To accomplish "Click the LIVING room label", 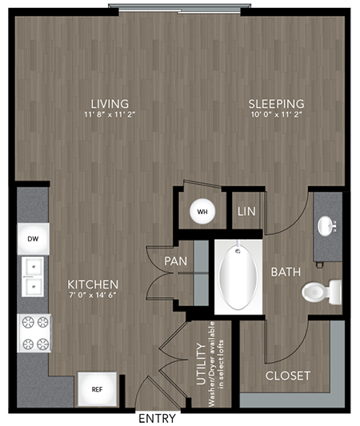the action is coord(110,104).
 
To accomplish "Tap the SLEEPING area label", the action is coord(276,104).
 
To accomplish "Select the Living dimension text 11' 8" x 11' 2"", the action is coord(110,114).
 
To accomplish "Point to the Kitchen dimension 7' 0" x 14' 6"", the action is coord(93,295).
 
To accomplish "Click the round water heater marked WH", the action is coord(202,212).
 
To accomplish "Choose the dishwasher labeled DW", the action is coord(33,239).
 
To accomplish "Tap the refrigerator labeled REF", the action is coord(97,389).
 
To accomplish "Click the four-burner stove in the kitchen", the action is coord(34,333).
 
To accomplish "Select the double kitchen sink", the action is coord(33,277).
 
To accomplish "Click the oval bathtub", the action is coord(238,277).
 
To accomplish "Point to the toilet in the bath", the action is coord(322,292).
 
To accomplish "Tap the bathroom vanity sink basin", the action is coord(325,226).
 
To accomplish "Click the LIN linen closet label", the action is coord(246,212).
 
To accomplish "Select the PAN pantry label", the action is coord(176,261).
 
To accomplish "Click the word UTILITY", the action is coord(202,364).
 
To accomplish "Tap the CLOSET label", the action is coord(288,376).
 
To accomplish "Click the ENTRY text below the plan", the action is coord(157,418).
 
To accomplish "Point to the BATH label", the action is coord(286,272).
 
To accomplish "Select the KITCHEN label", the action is coord(93,285).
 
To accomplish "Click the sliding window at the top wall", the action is coord(179,9).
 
